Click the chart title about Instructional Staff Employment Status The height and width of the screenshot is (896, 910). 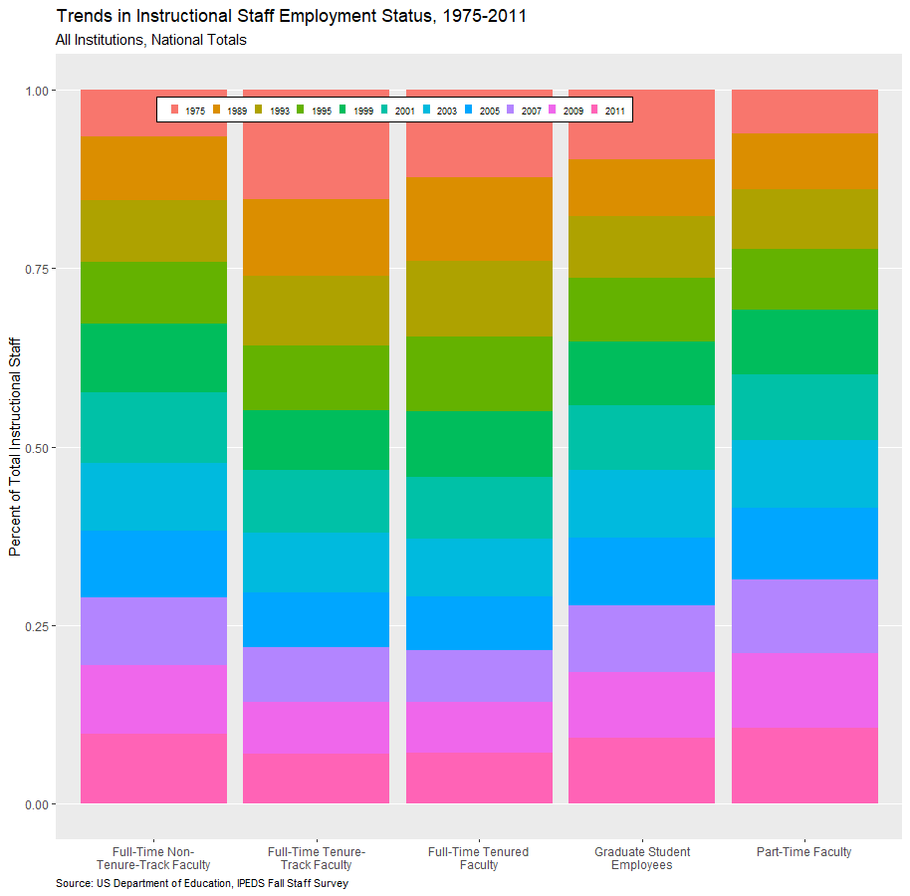pyautogui.click(x=292, y=16)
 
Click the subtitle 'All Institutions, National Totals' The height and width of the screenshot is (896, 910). pyautogui.click(x=151, y=40)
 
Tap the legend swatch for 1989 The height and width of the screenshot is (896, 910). pyautogui.click(x=216, y=110)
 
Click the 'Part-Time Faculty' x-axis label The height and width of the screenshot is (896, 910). pyautogui.click(x=804, y=852)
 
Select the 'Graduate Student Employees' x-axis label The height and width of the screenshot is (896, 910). pyautogui.click(x=642, y=858)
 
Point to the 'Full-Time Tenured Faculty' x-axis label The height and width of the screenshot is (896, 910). pyautogui.click(x=479, y=858)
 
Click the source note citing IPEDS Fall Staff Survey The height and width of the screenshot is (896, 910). pyautogui.click(x=202, y=883)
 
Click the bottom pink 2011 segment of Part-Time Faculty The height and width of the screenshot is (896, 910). pyautogui.click(x=804, y=766)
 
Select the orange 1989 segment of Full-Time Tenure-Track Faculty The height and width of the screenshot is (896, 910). pyautogui.click(x=317, y=237)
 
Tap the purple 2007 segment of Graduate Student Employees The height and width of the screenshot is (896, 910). pyautogui.click(x=642, y=638)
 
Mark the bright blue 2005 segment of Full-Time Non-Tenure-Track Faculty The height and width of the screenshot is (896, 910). pyautogui.click(x=153, y=563)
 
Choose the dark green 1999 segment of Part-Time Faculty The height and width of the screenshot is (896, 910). pyautogui.click(x=804, y=341)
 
